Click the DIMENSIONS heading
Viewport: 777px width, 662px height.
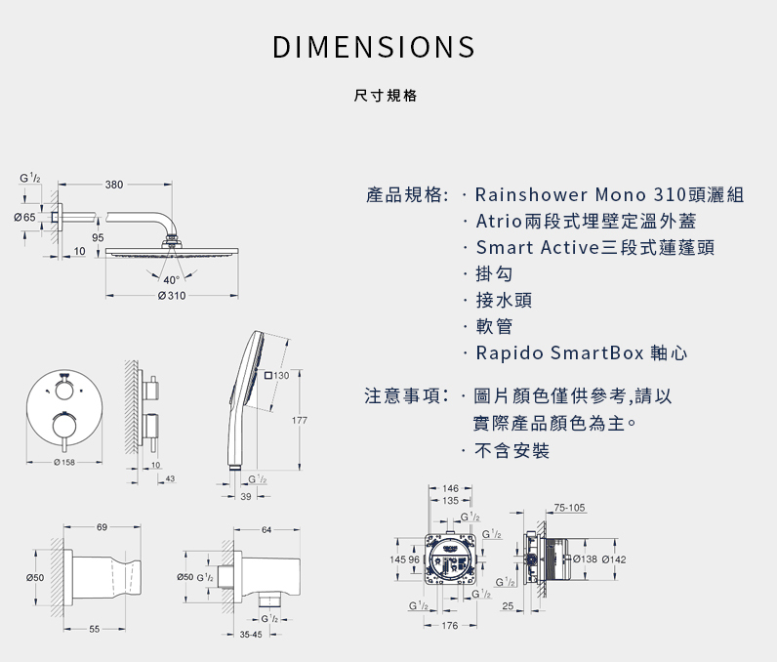coord(374,47)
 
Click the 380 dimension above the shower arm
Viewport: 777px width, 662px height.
coord(114,185)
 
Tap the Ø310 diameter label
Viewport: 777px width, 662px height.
coord(172,296)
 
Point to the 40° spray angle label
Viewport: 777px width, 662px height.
coord(171,280)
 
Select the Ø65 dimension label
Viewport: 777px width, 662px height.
coord(24,217)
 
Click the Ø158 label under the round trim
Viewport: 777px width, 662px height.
coord(64,462)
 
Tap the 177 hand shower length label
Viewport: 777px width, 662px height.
coord(300,420)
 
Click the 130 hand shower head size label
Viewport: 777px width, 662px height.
coord(276,376)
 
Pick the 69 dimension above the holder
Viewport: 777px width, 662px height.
coord(102,527)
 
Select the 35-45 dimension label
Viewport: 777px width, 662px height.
coord(251,635)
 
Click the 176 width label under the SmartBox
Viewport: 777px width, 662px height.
coord(449,626)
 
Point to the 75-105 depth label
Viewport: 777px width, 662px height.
coord(569,508)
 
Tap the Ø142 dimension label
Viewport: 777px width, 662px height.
coord(614,559)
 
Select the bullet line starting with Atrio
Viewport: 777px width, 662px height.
coord(587,221)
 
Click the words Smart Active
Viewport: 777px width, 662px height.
coord(538,247)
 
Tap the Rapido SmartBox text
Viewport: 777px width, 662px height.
coord(560,352)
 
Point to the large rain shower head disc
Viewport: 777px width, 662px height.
coord(172,252)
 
